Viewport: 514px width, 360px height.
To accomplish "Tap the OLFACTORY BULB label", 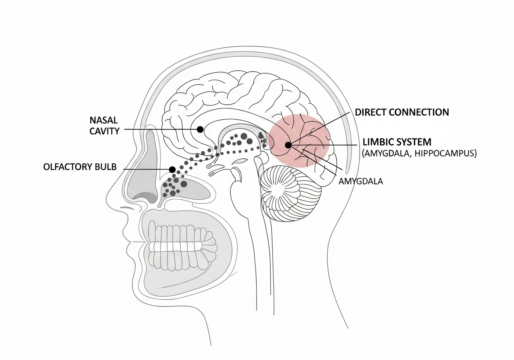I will (80, 167).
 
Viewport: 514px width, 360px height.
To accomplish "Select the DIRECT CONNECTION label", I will (402, 112).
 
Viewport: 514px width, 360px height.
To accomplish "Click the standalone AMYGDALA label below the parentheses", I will (361, 181).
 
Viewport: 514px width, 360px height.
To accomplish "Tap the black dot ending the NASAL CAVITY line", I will (200, 129).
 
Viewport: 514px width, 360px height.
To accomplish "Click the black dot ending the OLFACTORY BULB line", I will (172, 170).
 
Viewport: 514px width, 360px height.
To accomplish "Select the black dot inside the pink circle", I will (288, 145).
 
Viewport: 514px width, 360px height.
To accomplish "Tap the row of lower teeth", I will (181, 258).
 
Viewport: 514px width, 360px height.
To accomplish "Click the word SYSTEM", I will (414, 142).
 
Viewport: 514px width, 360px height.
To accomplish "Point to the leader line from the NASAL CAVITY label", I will (161, 129).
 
